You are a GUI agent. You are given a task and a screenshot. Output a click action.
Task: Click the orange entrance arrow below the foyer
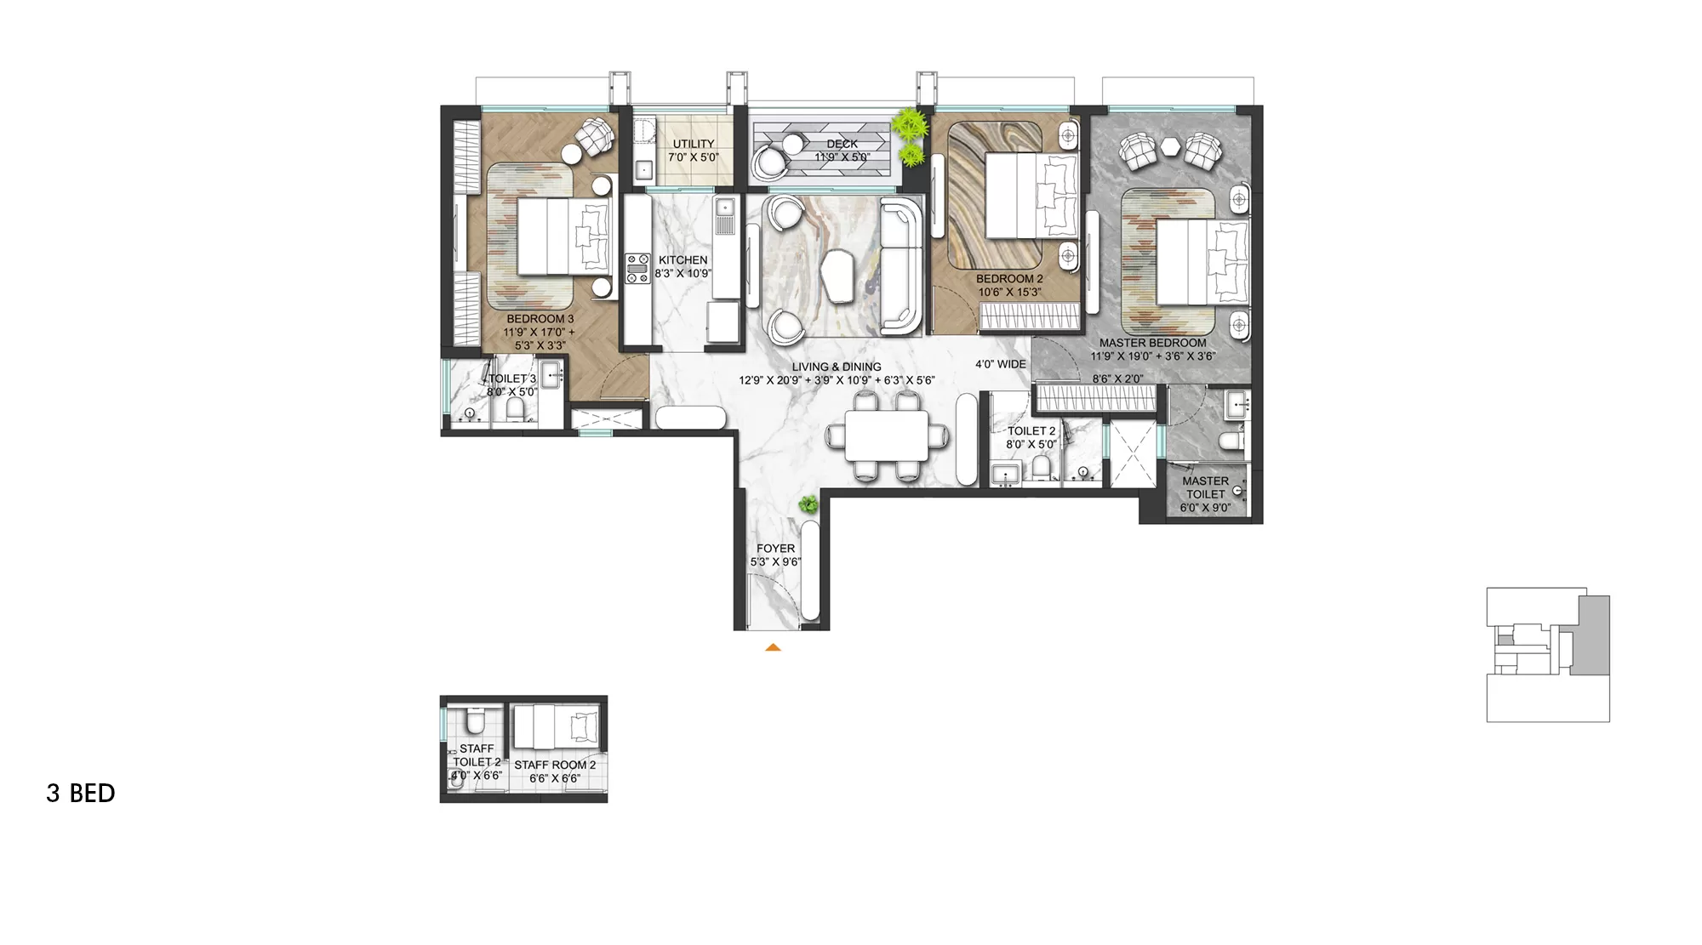click(x=773, y=647)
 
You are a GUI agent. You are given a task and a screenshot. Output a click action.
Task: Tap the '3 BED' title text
click(x=81, y=794)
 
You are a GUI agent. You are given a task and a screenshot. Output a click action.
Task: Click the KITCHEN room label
click(x=683, y=260)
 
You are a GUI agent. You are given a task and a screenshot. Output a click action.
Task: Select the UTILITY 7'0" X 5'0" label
click(x=694, y=151)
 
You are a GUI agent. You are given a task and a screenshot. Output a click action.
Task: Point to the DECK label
click(x=842, y=145)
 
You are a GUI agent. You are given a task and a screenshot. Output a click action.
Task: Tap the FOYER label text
click(x=775, y=549)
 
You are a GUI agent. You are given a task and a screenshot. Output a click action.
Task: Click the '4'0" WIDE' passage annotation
click(x=1000, y=364)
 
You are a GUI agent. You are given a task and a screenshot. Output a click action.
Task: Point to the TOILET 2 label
click(x=1031, y=431)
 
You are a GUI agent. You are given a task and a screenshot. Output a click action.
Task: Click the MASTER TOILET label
click(x=1205, y=487)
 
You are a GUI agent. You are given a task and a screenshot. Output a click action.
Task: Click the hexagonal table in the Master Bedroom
click(x=1172, y=145)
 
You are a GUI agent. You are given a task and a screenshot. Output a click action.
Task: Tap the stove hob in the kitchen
click(x=636, y=268)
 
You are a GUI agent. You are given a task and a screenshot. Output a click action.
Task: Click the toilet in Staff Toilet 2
click(x=474, y=724)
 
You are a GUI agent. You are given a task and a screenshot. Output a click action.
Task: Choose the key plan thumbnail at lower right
click(x=1547, y=654)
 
